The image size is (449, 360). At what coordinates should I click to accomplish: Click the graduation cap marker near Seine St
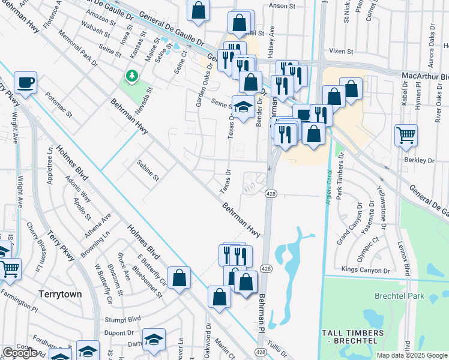coord(242,107)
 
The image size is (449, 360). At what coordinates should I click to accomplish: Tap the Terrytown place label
coord(59,295)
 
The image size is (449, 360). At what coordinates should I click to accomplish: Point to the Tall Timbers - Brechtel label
coord(352,337)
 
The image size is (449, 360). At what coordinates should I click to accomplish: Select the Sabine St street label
coord(148,170)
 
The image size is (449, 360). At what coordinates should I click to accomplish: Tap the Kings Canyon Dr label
coord(366,271)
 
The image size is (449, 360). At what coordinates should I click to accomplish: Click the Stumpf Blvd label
coord(122,319)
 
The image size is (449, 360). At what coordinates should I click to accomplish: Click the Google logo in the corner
coord(20,353)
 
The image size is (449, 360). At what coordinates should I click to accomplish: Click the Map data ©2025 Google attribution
coord(411,355)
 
